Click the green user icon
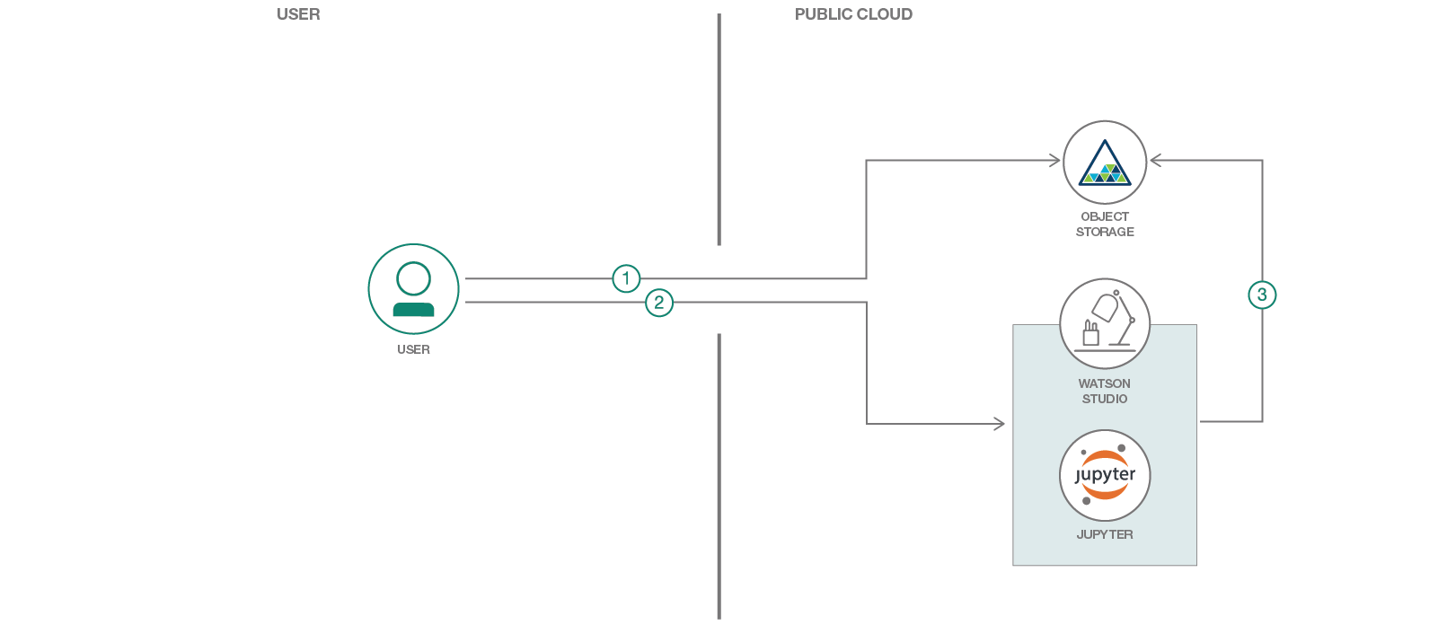[413, 289]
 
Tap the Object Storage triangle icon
[1105, 163]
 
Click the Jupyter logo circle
[1105, 475]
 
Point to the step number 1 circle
[626, 278]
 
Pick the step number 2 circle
[659, 303]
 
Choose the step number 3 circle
[1262, 295]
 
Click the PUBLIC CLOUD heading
[853, 14]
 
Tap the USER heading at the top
[298, 14]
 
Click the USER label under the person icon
[413, 349]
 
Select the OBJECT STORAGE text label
[1105, 224]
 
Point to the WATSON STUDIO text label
[1105, 392]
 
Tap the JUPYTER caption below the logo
[1105, 534]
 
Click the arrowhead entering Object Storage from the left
[1055, 161]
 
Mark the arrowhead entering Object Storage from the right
[1155, 161]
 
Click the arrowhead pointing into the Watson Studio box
[1000, 424]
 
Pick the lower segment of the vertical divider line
[719, 476]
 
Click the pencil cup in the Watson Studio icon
[1090, 334]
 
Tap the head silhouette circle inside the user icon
[413, 279]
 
